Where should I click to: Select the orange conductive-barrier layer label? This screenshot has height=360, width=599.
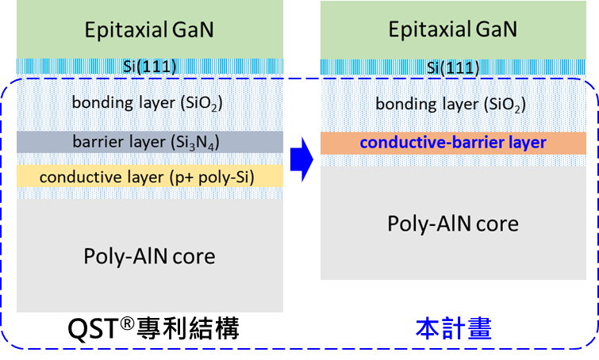point(452,143)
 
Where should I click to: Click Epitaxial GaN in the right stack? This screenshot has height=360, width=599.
point(452,29)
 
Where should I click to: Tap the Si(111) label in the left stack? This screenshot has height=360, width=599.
point(148,66)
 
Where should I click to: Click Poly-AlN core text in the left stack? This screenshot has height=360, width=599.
point(149,256)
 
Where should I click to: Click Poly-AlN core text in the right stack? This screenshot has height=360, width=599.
point(452,224)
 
